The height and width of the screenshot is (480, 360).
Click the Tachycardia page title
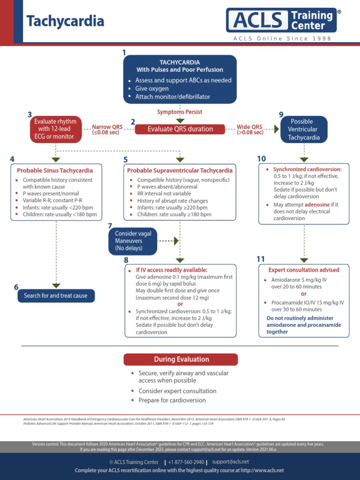click(x=65, y=22)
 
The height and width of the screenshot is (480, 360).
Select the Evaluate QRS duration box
click(x=180, y=129)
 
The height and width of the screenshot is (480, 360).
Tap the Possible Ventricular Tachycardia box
click(x=304, y=129)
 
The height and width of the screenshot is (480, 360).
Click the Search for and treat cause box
click(x=56, y=296)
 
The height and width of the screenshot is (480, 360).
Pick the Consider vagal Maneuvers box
click(x=133, y=241)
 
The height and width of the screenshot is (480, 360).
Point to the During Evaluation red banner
click(x=180, y=360)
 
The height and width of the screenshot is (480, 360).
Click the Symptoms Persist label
click(x=180, y=112)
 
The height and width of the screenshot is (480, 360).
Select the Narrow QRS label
click(x=105, y=127)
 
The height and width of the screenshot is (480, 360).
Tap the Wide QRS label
click(x=250, y=127)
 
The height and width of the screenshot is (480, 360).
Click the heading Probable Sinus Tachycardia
click(x=55, y=171)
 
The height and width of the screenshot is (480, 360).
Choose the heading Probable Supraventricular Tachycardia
click(x=180, y=171)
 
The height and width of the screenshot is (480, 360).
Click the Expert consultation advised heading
click(x=304, y=270)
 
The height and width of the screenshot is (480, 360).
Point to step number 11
click(x=261, y=259)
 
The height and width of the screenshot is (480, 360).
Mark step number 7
click(x=110, y=226)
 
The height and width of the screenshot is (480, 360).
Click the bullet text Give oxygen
click(x=152, y=89)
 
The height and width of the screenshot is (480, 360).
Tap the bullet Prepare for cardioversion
click(x=172, y=400)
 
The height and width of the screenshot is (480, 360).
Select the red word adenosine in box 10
click(x=316, y=205)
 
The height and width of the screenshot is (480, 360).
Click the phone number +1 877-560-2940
click(x=186, y=462)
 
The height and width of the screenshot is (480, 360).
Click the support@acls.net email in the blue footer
click(x=230, y=462)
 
